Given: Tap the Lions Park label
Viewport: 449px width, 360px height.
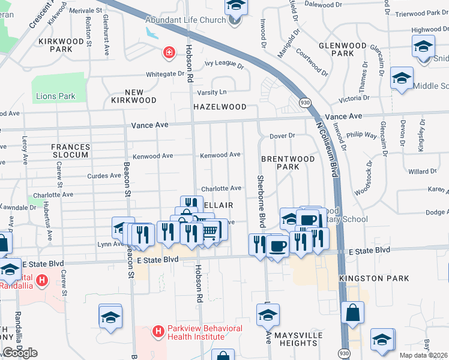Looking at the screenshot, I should [56, 96].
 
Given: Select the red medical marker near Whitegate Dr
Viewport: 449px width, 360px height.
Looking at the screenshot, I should [169, 53].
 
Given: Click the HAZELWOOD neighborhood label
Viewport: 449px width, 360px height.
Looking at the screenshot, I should [220, 107].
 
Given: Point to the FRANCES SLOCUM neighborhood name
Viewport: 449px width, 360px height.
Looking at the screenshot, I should [70, 151].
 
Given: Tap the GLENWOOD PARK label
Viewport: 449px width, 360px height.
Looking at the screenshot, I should [342, 49].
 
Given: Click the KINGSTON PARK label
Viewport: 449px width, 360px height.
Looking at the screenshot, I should [374, 278].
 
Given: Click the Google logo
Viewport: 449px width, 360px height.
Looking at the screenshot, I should [20, 353].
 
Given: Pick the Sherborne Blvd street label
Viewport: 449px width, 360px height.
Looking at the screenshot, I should [261, 201].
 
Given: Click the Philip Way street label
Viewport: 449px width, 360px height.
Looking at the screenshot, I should [365, 136].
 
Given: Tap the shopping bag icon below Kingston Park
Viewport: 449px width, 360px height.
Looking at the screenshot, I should [353, 313].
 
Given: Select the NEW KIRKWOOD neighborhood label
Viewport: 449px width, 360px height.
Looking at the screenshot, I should [133, 96].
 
